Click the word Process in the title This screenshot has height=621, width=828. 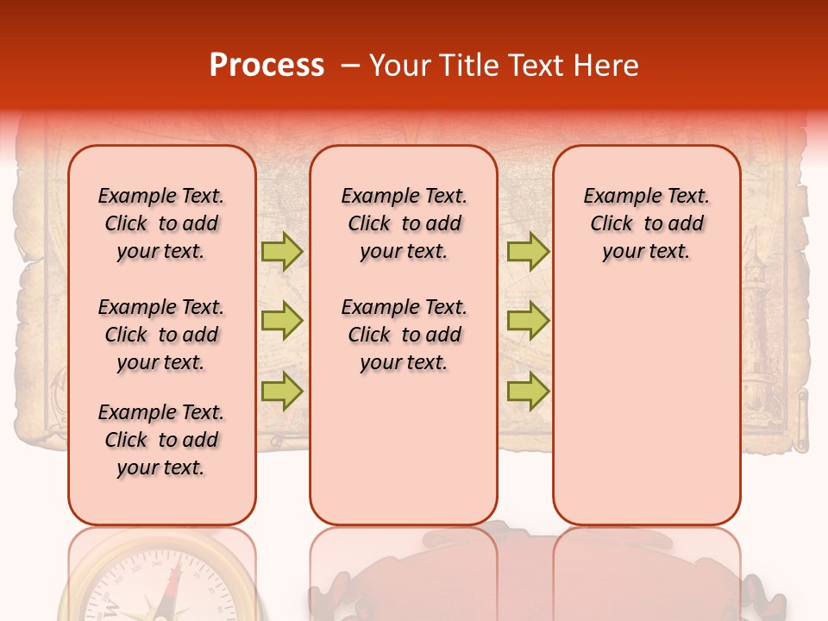click(267, 66)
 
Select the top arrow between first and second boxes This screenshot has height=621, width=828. click(282, 251)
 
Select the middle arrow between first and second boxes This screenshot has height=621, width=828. click(282, 321)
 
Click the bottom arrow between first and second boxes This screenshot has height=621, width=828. click(282, 391)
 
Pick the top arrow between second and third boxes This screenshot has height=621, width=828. click(528, 251)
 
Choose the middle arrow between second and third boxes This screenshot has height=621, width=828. click(528, 321)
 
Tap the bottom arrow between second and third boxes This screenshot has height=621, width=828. click(528, 391)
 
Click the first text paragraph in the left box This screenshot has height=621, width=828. click(161, 223)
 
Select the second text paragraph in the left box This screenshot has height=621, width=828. click(161, 335)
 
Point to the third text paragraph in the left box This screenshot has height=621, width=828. click(161, 440)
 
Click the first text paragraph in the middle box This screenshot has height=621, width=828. click(404, 223)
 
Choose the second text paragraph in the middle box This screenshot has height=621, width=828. click(404, 335)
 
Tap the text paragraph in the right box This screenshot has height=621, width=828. click(646, 223)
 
